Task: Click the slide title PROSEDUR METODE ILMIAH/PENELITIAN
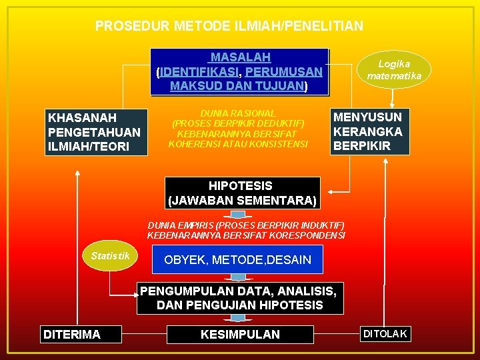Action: (229, 26)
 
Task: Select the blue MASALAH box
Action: (240, 71)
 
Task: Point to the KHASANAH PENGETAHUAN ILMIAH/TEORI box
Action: (94, 132)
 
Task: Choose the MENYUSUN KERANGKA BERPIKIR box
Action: (369, 132)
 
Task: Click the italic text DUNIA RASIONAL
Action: (238, 114)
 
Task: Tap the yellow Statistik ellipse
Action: (110, 257)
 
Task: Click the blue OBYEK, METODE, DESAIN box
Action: (238, 259)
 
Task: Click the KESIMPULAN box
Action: (240, 334)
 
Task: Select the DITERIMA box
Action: (79, 335)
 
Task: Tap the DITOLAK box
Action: (385, 334)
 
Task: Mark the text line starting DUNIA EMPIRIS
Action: (245, 225)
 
